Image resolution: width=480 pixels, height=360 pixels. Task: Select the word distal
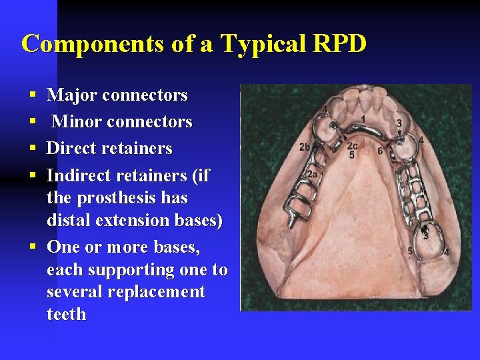71,220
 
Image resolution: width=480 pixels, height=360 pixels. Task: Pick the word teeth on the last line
67,314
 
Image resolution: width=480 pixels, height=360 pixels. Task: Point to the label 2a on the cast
311,174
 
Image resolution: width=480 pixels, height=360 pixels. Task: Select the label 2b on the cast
305,147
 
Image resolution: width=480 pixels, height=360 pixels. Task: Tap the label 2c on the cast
352,146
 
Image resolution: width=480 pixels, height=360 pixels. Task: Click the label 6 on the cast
380,151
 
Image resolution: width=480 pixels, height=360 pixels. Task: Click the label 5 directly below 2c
351,155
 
